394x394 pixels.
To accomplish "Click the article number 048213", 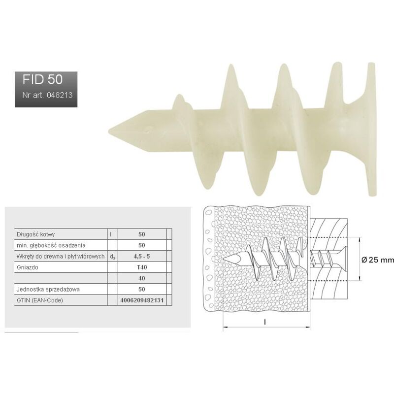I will [47, 95].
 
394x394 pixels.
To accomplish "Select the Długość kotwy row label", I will [32, 234].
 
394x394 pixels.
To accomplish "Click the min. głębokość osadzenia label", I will [44, 245].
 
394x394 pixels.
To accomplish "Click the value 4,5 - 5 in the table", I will [142, 256].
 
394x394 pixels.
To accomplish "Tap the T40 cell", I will [142, 266].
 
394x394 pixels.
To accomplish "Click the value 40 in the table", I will [142, 278].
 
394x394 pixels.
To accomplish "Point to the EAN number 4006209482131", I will [142, 300].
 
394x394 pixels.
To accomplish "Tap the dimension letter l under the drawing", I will [265, 322].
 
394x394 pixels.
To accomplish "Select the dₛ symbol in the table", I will [113, 256].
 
